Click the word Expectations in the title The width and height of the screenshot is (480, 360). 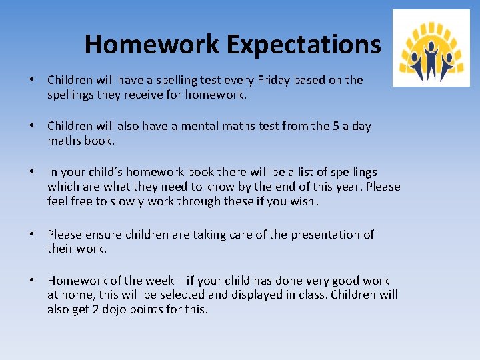303,45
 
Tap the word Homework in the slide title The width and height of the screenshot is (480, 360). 153,45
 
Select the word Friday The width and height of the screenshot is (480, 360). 267,80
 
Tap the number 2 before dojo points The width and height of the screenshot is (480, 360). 95,310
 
